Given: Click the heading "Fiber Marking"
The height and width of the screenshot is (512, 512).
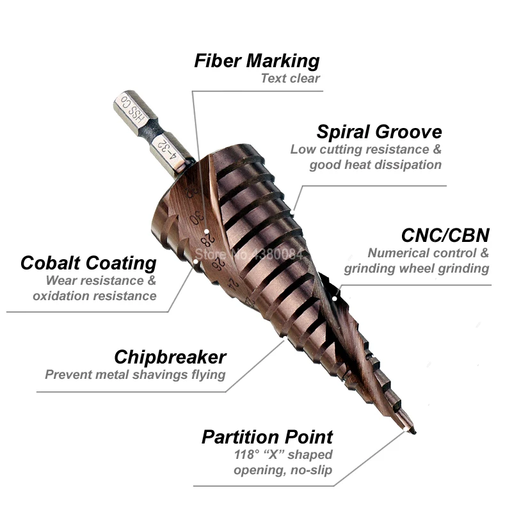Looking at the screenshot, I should point(257,61).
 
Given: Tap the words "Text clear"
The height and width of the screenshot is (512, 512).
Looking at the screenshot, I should point(290,79).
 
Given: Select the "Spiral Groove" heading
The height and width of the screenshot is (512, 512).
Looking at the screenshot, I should point(379,132).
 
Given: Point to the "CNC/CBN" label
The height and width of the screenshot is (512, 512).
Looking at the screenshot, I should point(445,235).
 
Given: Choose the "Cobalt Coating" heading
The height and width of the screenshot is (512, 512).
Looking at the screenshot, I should point(88,263).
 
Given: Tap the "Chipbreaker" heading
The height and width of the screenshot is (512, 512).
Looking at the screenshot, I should point(170,357).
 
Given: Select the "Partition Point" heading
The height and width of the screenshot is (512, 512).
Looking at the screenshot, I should point(267,438).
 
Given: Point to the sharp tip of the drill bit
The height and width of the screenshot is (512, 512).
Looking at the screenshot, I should point(413,433).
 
